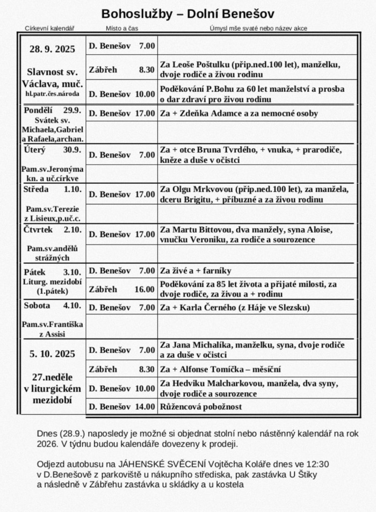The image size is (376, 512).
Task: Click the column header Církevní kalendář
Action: pos(49,28)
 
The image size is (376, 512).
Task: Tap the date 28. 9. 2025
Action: pos(52,49)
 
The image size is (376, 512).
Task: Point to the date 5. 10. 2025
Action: pos(52,354)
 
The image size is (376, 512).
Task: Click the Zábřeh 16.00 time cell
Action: pos(121,289)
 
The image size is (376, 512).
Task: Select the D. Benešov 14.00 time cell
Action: pos(121,407)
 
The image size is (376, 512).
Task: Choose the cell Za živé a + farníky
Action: pos(196,271)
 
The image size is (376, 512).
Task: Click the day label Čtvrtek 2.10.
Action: pos(52,230)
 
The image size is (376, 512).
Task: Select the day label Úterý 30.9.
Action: pos(52,150)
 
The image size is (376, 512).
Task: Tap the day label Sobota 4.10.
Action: pos(52,306)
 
